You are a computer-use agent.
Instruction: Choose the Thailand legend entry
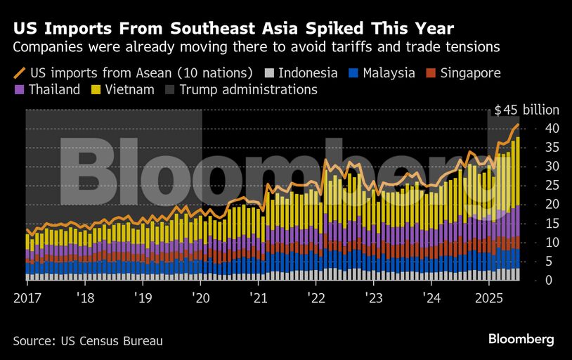tap(54, 90)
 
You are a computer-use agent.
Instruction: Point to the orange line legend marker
tap(19, 73)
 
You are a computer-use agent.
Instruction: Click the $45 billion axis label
tap(526, 110)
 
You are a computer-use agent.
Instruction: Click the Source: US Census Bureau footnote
tap(88, 341)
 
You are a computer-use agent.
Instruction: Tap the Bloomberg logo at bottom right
tap(521, 340)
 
